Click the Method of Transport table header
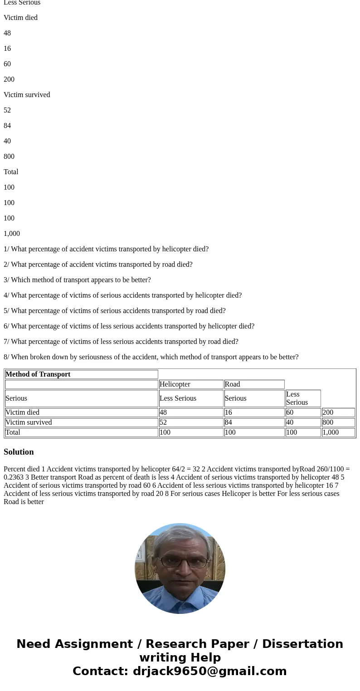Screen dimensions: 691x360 pos(38,374)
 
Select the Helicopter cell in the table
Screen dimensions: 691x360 pos(175,384)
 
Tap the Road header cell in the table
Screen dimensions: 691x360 pos(232,384)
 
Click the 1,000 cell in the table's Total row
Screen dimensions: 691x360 pos(331,432)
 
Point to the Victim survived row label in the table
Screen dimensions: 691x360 pos(29,422)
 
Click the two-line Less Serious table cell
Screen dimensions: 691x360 pos(297,398)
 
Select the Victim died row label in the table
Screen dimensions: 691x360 pos(23,412)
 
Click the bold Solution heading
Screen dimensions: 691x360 pos(19,452)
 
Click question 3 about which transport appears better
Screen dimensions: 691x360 pos(77,280)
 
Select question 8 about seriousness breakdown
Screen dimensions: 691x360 pos(151,357)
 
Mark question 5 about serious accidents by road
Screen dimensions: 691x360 pos(114,311)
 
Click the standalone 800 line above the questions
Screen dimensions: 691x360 pos(9,157)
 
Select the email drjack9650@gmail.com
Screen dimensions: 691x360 pos(209,671)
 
